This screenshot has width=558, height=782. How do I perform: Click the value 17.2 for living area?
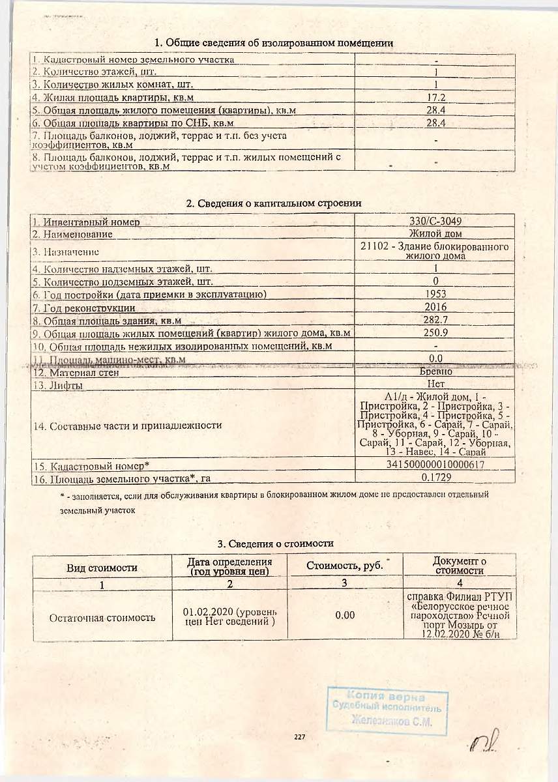click(435, 97)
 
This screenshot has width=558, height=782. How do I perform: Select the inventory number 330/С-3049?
click(435, 222)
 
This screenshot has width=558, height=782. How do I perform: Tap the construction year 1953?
click(435, 294)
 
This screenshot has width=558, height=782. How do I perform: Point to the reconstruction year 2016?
click(435, 307)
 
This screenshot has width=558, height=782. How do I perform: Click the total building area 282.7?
click(435, 320)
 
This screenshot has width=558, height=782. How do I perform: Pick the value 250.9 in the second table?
click(435, 333)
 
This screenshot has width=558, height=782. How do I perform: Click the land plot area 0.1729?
click(435, 478)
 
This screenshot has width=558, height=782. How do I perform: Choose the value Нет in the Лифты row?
click(435, 384)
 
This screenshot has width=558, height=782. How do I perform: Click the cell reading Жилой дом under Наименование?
click(435, 233)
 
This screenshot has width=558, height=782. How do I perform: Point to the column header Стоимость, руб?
click(345, 566)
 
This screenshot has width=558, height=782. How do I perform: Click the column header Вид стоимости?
click(102, 568)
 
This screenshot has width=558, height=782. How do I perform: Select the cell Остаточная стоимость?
click(102, 617)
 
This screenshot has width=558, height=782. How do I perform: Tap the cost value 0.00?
click(345, 615)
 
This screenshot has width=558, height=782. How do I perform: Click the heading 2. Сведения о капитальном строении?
click(274, 203)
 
